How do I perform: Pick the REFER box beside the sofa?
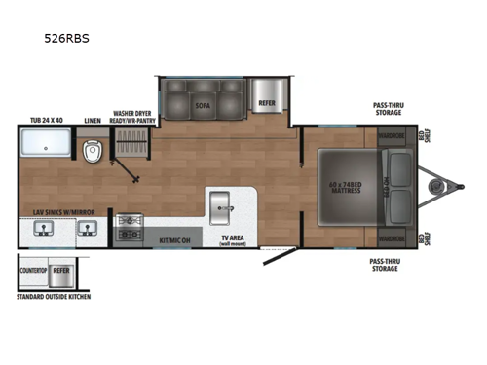(x=267, y=102)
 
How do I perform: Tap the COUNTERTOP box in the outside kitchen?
(x=35, y=272)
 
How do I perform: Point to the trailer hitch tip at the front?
(x=461, y=184)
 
